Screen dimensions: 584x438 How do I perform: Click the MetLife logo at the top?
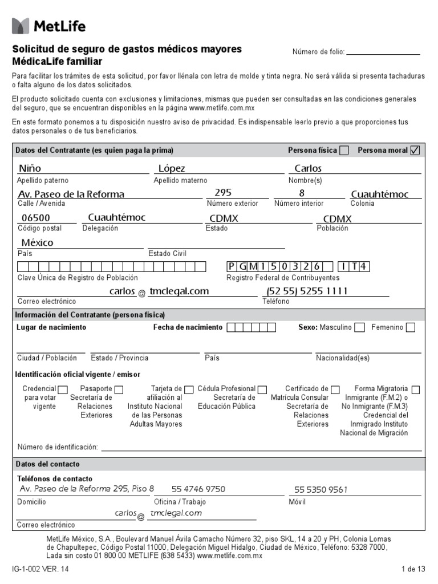click(48, 26)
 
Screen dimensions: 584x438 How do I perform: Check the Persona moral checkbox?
click(415, 151)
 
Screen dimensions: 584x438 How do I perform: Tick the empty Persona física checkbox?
click(344, 151)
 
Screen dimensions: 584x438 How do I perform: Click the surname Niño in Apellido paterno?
click(30, 168)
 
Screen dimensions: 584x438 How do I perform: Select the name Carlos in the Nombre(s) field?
click(308, 168)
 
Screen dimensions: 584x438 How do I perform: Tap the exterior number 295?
click(223, 193)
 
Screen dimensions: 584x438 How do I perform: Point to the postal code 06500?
click(35, 218)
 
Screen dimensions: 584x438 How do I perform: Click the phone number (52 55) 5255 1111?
click(307, 291)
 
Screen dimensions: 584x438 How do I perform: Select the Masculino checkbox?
click(359, 327)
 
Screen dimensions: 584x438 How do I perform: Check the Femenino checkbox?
click(411, 327)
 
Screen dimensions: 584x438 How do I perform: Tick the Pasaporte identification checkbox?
click(119, 390)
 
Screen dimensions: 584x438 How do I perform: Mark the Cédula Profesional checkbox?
click(262, 390)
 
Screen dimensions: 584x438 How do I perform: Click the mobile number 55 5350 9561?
click(321, 489)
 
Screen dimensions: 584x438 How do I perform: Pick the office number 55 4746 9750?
click(198, 489)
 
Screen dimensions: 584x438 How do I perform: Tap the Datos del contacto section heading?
click(48, 464)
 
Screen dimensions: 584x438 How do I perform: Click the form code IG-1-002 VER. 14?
click(43, 569)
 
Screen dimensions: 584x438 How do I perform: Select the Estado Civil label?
click(167, 254)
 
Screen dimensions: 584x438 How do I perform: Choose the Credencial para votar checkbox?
click(63, 390)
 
